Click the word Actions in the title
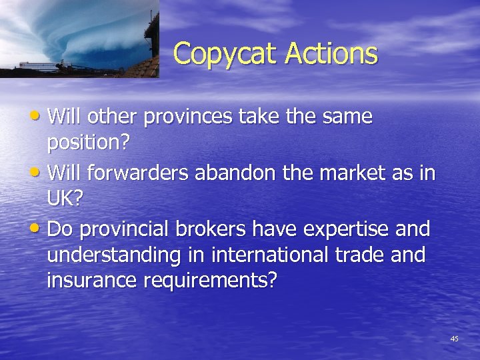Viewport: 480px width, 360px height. [x=331, y=53]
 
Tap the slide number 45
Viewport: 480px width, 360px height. [x=454, y=339]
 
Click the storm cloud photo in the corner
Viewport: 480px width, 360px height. [x=79, y=39]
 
